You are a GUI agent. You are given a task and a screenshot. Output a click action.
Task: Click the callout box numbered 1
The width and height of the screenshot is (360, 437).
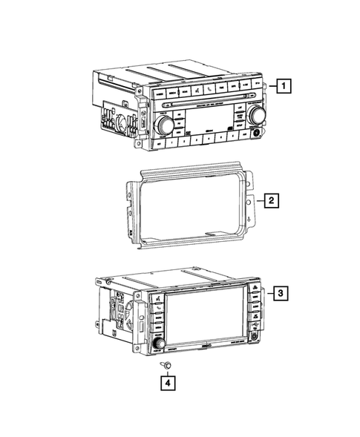(285, 87)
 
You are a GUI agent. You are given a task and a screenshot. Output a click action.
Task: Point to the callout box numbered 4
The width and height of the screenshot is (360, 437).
(170, 383)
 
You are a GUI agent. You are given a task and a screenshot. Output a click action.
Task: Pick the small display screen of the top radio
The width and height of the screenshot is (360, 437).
(203, 121)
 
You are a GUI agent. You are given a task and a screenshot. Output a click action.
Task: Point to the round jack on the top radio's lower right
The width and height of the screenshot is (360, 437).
(255, 134)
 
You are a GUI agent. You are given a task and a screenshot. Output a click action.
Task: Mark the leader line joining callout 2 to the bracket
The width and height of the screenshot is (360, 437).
(261, 200)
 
